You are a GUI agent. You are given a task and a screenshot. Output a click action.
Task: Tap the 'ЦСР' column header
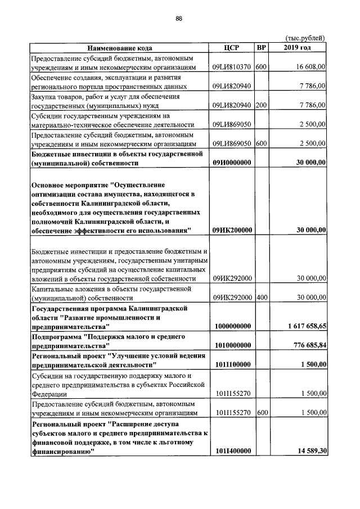232,48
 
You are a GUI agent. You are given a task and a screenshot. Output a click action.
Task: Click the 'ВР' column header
261,48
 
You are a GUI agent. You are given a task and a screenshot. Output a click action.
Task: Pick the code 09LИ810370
232,67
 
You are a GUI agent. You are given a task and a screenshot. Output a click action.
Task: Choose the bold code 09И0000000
232,163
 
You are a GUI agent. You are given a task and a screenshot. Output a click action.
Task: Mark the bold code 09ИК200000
232,230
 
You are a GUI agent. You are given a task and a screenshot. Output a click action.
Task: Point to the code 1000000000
232,326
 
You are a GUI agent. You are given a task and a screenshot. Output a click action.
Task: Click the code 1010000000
232,345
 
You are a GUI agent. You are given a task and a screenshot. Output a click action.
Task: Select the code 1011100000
232,364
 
